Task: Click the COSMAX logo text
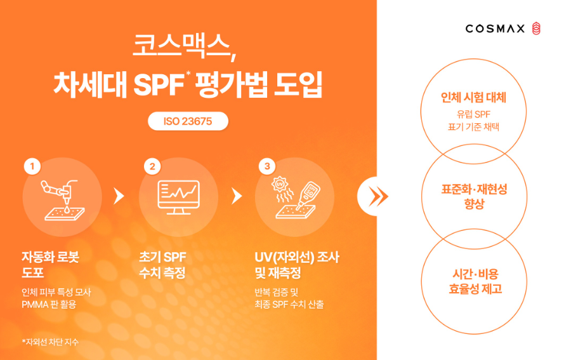[x=495, y=29]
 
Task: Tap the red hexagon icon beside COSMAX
[x=537, y=28]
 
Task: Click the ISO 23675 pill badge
[x=187, y=121]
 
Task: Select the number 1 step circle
[x=32, y=166]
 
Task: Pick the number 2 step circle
[x=152, y=166]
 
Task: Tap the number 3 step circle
[x=267, y=166]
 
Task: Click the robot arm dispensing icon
[x=62, y=198]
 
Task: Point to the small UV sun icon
[x=279, y=186]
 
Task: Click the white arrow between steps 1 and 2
[x=118, y=196]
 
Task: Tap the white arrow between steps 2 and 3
[x=237, y=196]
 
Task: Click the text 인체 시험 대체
[x=473, y=98]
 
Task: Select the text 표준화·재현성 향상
[x=474, y=197]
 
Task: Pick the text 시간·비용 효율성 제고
[x=474, y=281]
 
